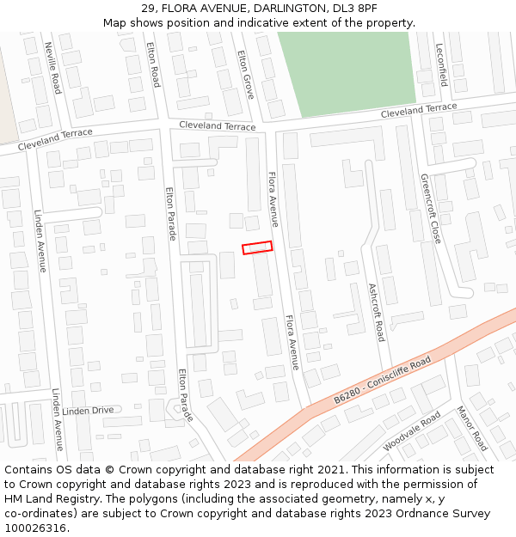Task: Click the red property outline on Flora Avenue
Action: tap(257, 247)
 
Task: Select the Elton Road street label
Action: tap(154, 64)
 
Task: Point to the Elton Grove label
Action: tap(245, 73)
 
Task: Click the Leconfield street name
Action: tap(442, 65)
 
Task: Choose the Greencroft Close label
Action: tap(430, 209)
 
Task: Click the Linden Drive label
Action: tap(88, 411)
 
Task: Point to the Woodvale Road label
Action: tap(412, 430)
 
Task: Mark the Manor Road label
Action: tap(472, 428)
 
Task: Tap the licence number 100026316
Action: tap(35, 528)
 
